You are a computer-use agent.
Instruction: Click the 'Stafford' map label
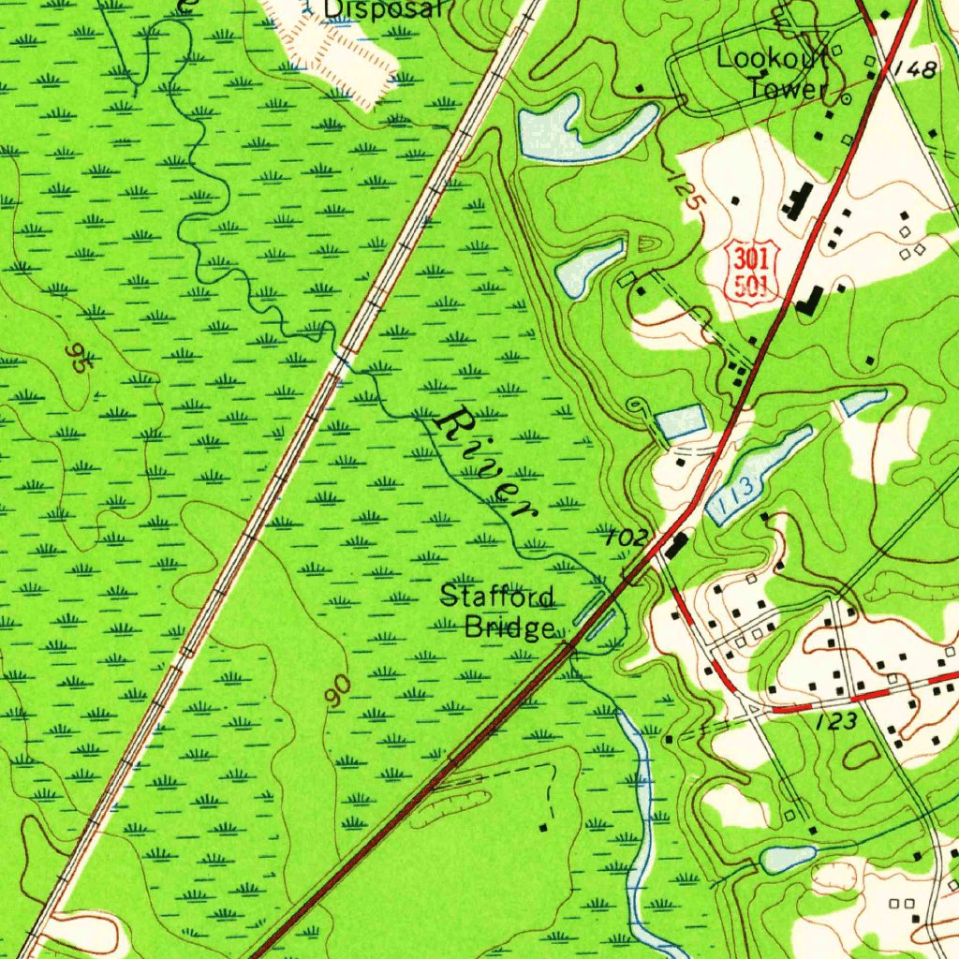click(497, 597)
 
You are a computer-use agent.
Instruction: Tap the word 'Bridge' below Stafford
click(511, 627)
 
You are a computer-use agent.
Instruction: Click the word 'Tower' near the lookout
click(788, 90)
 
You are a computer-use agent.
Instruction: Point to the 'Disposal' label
click(382, 9)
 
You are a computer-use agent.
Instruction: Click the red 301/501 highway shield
click(753, 271)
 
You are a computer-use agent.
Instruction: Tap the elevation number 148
click(914, 69)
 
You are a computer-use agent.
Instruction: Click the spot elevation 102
click(627, 538)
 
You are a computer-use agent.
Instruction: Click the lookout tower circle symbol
click(846, 97)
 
